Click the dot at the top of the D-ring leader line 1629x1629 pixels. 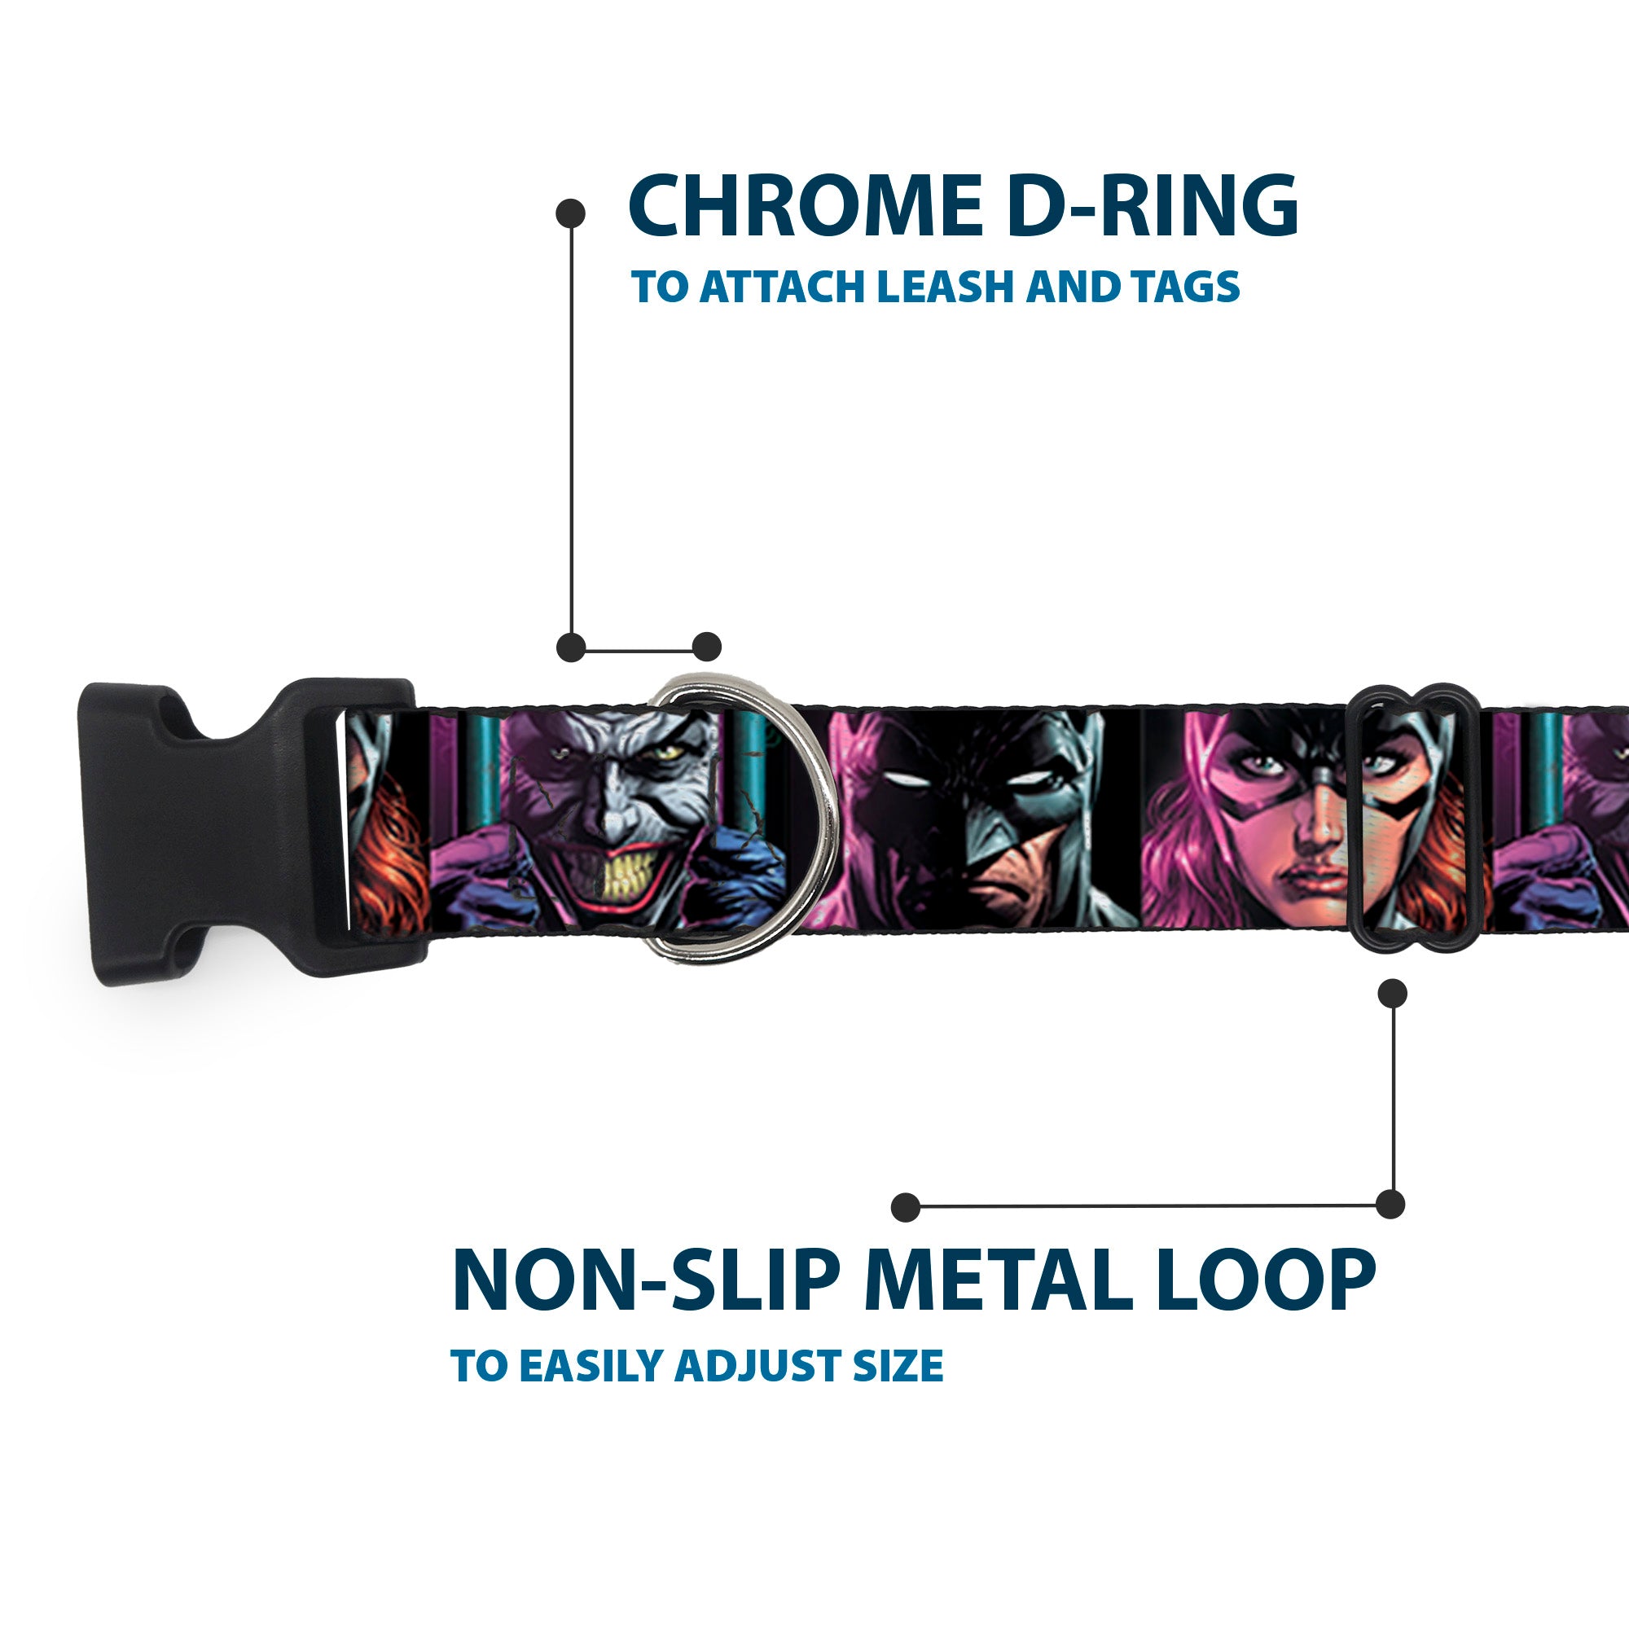(571, 213)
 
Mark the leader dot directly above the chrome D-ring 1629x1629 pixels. (706, 648)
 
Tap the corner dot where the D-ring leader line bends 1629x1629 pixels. (571, 648)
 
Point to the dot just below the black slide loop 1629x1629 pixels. (1392, 994)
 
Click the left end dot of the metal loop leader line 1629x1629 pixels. (906, 1206)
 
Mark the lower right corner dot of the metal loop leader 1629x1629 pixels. (1390, 1205)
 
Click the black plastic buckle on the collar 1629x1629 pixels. (253, 830)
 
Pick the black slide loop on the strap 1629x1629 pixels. (1415, 820)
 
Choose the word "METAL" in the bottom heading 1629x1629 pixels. (990, 1280)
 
